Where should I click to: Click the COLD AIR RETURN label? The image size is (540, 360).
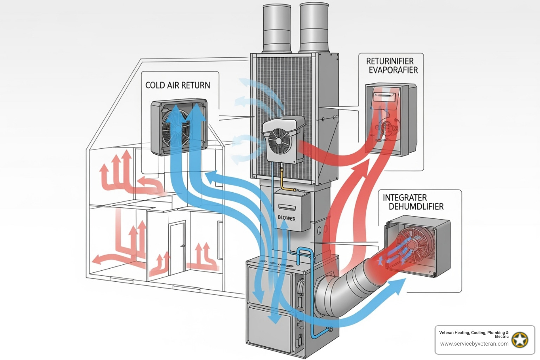pos(178,85)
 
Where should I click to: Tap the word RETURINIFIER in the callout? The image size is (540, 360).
pos(390,61)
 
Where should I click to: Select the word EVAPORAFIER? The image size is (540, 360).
pos(393,70)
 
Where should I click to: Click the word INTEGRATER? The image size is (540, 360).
pos(405,198)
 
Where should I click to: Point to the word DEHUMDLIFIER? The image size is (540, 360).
pos(416,207)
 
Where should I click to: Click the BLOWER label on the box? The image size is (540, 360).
pos(287,218)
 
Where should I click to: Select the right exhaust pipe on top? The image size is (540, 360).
pos(314,27)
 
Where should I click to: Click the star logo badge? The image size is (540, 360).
pos(520,340)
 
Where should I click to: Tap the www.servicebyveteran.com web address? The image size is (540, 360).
pos(474,344)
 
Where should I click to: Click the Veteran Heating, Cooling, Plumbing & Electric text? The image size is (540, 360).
pos(474,334)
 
